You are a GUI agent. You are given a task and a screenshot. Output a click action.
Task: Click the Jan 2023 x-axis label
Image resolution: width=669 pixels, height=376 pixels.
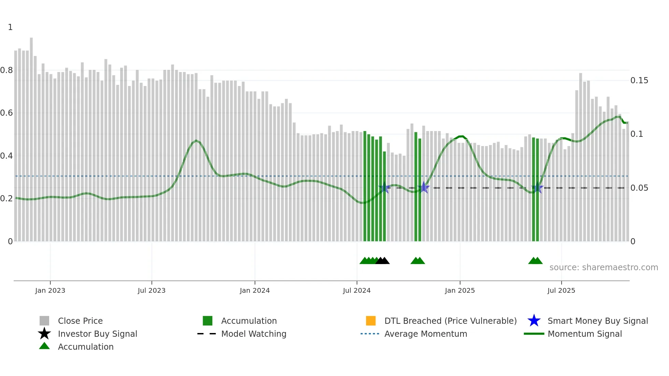(x=50, y=290)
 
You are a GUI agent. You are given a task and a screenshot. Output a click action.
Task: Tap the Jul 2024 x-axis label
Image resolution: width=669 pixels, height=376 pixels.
(x=357, y=290)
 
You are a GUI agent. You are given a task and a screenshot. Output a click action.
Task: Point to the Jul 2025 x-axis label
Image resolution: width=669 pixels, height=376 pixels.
(x=561, y=290)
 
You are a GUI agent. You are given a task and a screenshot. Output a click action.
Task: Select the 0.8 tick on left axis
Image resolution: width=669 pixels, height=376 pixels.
(x=6, y=70)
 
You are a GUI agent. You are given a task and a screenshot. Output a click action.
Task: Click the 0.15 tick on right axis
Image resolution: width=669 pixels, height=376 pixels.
(x=639, y=81)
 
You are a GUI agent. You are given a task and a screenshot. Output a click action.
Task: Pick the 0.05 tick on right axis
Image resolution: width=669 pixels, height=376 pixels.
(x=639, y=188)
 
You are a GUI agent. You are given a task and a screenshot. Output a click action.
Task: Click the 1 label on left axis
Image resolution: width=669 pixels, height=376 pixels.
(x=10, y=27)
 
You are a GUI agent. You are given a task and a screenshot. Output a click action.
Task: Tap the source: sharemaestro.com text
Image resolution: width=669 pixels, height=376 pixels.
(x=603, y=267)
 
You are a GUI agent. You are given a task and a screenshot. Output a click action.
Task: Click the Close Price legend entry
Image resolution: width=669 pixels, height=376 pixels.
(x=80, y=321)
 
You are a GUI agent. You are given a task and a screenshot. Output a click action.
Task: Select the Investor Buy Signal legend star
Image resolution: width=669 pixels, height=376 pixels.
(x=44, y=334)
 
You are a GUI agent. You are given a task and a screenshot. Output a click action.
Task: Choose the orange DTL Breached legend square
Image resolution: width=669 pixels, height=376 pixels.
(x=371, y=321)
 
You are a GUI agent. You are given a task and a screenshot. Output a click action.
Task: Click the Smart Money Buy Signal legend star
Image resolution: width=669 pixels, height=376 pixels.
(x=534, y=321)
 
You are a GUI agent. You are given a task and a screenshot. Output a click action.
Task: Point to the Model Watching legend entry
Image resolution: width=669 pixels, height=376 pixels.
(x=254, y=334)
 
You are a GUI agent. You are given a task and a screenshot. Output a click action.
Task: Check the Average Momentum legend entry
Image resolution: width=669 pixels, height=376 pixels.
(x=425, y=334)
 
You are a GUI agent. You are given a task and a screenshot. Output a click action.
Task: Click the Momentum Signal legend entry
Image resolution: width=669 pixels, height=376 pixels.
(x=584, y=334)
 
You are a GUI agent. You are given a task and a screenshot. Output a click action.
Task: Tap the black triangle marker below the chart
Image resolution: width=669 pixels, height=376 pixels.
(x=382, y=261)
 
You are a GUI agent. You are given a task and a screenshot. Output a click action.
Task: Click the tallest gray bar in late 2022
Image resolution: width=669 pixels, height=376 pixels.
(x=31, y=136)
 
